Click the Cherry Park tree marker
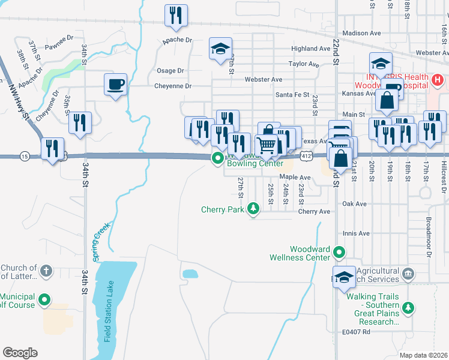(x=254, y=209)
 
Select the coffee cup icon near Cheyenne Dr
(x=115, y=84)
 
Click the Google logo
(x=20, y=353)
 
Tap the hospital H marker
(x=438, y=79)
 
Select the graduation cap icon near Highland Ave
(x=220, y=49)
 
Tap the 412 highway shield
(x=306, y=156)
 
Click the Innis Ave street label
(x=357, y=233)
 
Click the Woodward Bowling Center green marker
(x=217, y=158)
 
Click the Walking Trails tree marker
(x=408, y=308)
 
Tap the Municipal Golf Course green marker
(x=44, y=300)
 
